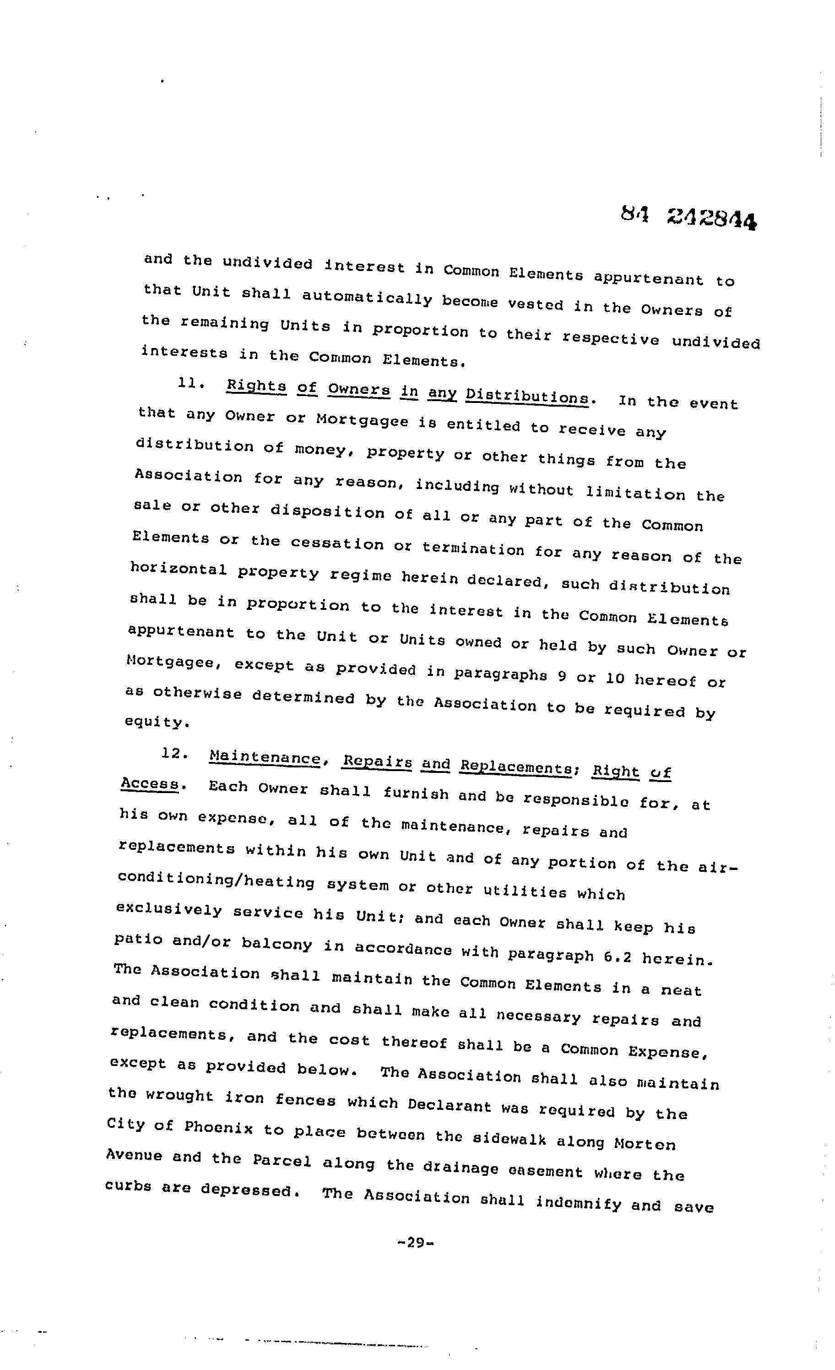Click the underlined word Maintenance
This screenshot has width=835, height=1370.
tap(265, 758)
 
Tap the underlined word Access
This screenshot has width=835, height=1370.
tap(150, 783)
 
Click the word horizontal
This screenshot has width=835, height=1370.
tap(178, 569)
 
